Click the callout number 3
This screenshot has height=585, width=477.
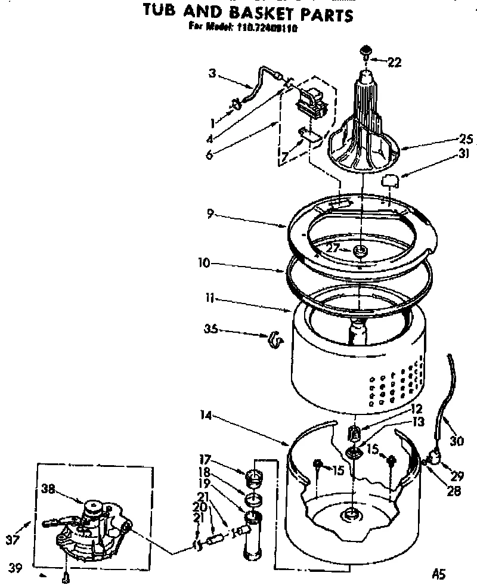click(212, 75)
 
